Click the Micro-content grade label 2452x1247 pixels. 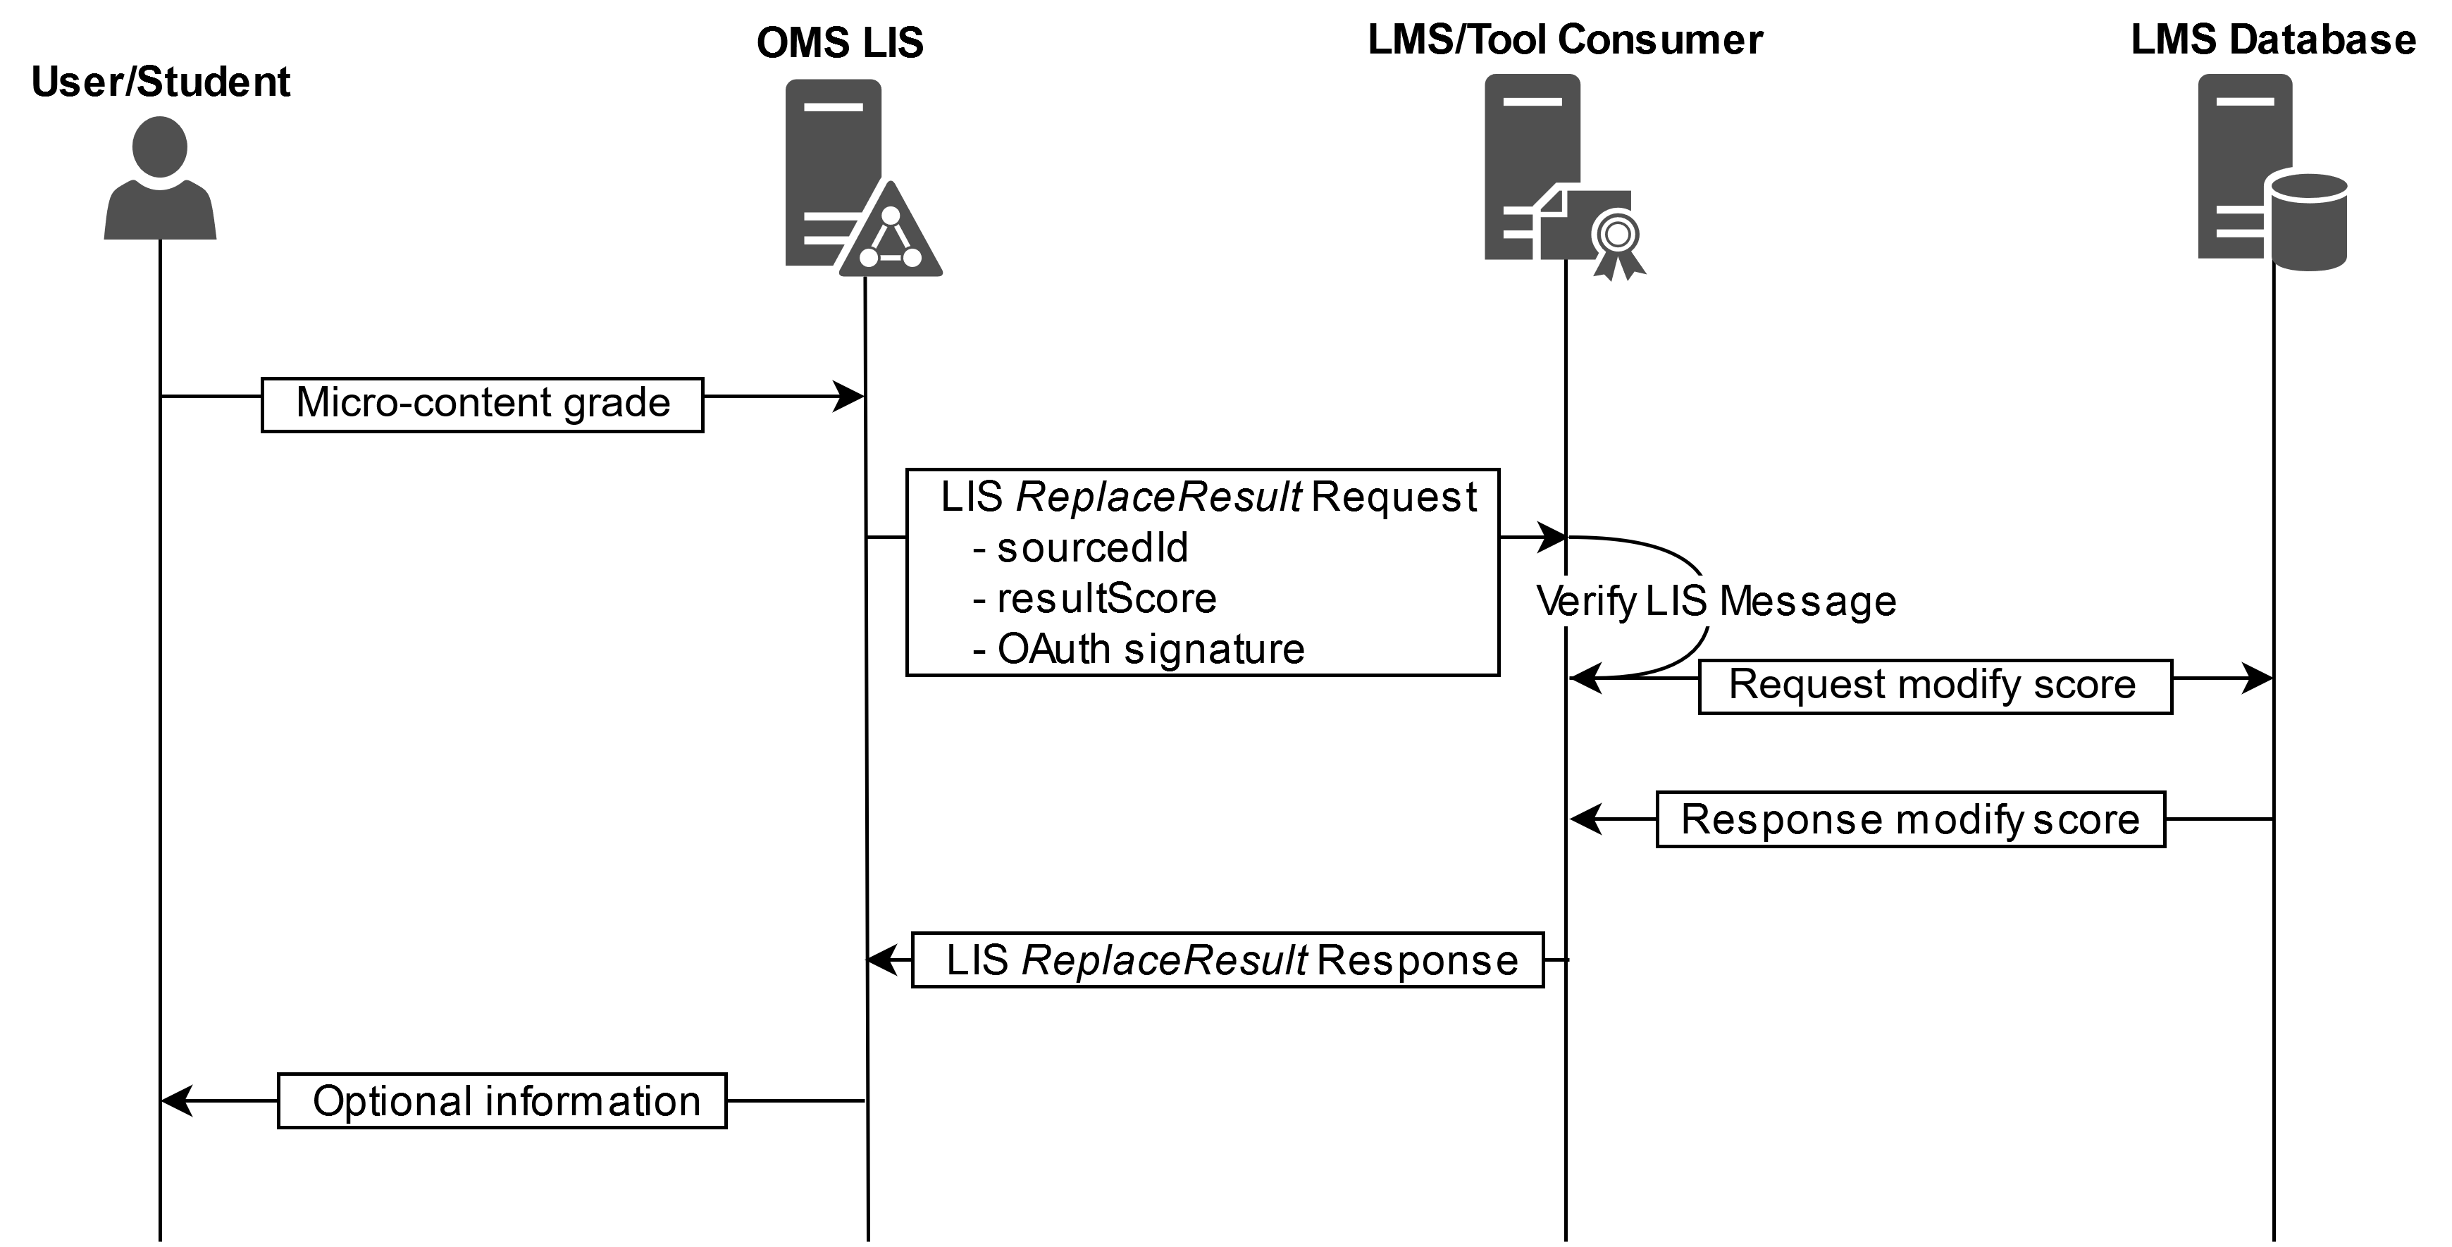[x=483, y=404]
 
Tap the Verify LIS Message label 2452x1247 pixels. [x=1716, y=601]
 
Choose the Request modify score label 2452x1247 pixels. [x=1933, y=685]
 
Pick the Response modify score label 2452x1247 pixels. [x=1910, y=819]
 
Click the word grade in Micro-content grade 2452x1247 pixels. [x=617, y=404]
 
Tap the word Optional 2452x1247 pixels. [x=392, y=1101]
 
